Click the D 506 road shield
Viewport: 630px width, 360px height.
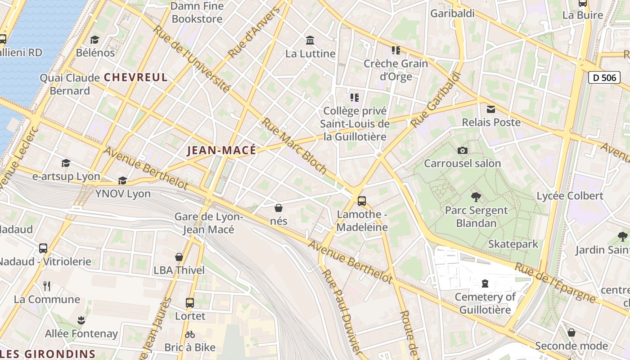coord(604,77)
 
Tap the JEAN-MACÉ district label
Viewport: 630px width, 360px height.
coord(221,150)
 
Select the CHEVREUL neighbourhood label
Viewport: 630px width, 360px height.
coord(135,77)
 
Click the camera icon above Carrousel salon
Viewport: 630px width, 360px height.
coord(462,151)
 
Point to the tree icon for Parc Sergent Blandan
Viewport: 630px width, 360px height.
coord(476,197)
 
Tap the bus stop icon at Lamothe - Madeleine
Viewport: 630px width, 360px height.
coord(362,201)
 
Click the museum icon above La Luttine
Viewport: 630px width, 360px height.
coord(310,40)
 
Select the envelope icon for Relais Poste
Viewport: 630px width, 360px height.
coord(491,109)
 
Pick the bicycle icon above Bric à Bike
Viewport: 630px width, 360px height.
coord(190,334)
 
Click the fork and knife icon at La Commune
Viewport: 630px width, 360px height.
coord(47,286)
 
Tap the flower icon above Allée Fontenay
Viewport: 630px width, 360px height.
coord(81,320)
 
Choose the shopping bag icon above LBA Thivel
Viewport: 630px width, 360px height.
coord(179,257)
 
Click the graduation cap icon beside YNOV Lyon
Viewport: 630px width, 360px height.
coord(122,181)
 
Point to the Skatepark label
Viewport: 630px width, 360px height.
coord(513,244)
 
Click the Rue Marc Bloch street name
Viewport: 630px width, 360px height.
coord(294,146)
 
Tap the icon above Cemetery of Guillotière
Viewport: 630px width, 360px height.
coord(485,283)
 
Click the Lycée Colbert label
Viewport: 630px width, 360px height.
coord(570,196)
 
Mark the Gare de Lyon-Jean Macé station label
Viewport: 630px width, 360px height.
coord(208,223)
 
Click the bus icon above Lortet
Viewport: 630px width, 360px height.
coord(190,303)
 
